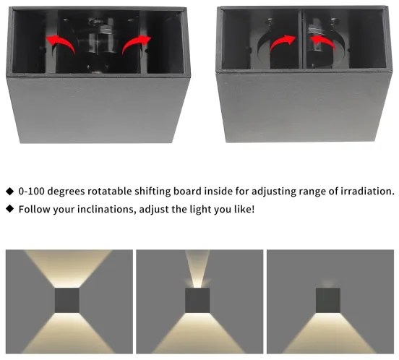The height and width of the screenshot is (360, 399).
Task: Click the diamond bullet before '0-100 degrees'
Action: point(9,192)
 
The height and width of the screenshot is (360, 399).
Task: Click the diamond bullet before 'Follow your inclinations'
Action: point(9,209)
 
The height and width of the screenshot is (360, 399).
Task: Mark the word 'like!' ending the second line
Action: point(241,209)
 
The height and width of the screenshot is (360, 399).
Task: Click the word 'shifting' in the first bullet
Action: point(171,192)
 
